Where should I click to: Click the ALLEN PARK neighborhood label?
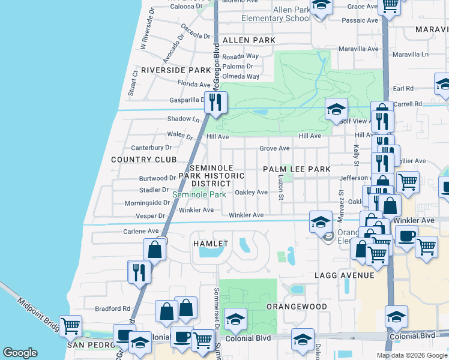tap(249, 40)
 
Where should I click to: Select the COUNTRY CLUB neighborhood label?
tap(144, 160)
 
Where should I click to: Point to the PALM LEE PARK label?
tap(297, 170)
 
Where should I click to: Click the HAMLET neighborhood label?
tap(211, 244)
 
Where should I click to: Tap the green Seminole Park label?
tap(199, 195)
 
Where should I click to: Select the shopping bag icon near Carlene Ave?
tap(155, 249)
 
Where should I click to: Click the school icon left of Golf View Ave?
tap(336, 109)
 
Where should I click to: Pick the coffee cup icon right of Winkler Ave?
tap(406, 236)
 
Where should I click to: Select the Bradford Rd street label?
tap(113, 309)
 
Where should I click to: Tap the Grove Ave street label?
tap(274, 148)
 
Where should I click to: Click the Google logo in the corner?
tap(20, 353)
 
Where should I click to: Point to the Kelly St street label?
tap(356, 155)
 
